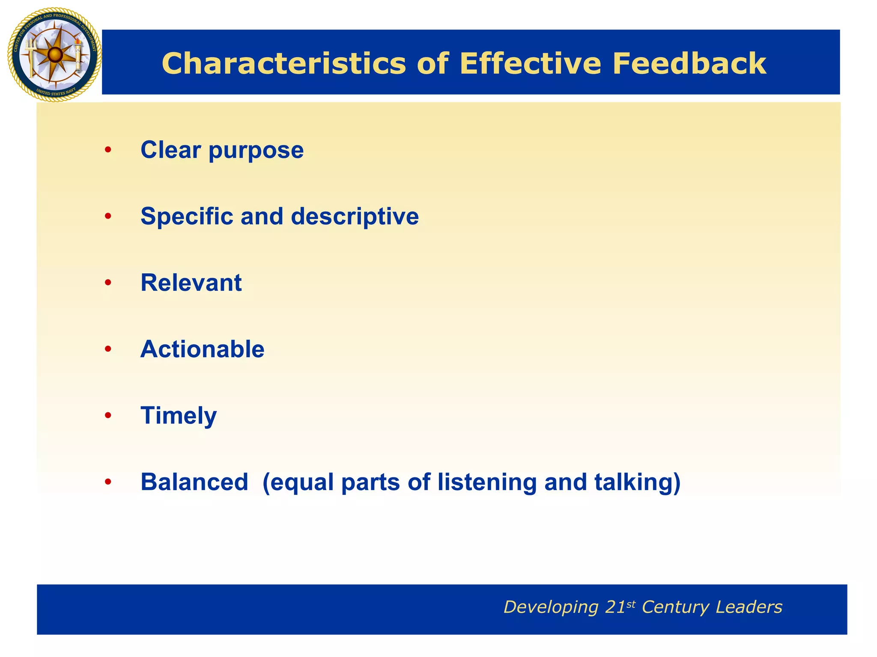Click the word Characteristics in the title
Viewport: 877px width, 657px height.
[x=283, y=64]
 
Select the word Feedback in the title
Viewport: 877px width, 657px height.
[x=689, y=64]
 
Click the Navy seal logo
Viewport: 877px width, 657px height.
[x=54, y=55]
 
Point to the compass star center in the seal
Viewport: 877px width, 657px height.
[x=54, y=55]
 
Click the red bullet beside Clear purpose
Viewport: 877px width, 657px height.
[x=108, y=150]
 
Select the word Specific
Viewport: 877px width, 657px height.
[x=187, y=216]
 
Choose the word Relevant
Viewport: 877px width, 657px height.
[x=191, y=283]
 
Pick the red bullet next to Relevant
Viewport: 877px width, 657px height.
[x=108, y=283]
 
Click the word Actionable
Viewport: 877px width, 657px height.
[x=202, y=349]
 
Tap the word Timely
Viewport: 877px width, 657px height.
[x=179, y=416]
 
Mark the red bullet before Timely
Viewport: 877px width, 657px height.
[x=108, y=415]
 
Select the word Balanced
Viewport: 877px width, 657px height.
[x=194, y=482]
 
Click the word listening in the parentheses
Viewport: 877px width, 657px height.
[x=487, y=482]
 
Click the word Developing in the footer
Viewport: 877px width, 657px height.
[x=551, y=607]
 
